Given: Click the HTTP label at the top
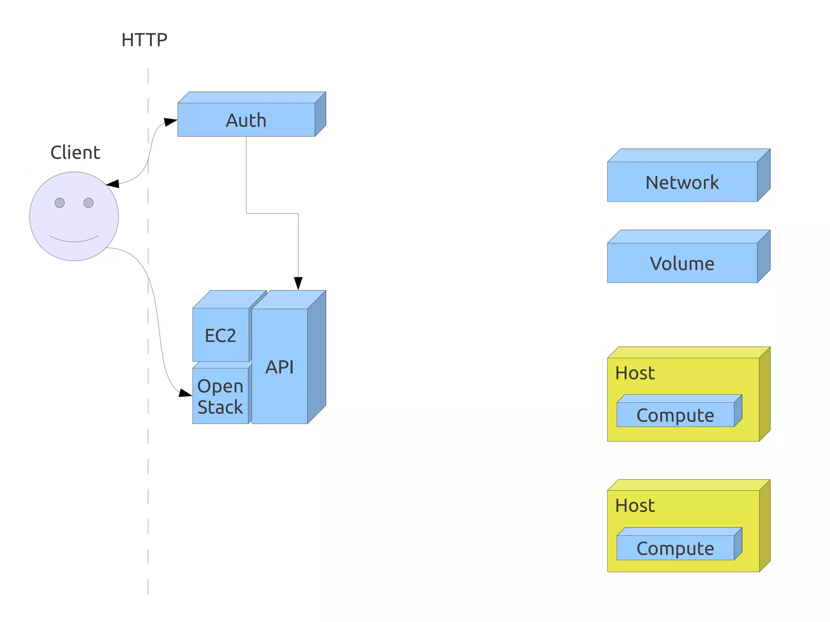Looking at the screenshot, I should [x=144, y=40].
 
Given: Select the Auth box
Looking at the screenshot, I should [x=246, y=120].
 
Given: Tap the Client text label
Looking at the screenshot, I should [x=75, y=153].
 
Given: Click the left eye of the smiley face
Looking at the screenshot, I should [x=60, y=203].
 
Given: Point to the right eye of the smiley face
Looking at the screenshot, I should [x=88, y=203].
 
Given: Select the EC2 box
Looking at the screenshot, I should [x=220, y=335].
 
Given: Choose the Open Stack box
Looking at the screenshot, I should [x=220, y=396].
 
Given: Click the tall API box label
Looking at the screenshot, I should [x=279, y=367].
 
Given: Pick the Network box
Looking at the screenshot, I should [x=682, y=182].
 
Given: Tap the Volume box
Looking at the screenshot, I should [x=682, y=263].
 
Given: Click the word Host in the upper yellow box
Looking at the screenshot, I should [x=635, y=373].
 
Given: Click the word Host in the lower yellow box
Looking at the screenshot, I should [x=635, y=505].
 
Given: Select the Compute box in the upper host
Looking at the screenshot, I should [x=675, y=415].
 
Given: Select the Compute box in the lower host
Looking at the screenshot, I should [x=675, y=548].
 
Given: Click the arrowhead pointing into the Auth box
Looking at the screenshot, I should [x=171, y=122].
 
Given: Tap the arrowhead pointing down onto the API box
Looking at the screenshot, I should [x=298, y=283].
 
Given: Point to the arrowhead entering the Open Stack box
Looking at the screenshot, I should [x=185, y=393].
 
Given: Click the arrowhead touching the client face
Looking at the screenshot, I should [x=113, y=184].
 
